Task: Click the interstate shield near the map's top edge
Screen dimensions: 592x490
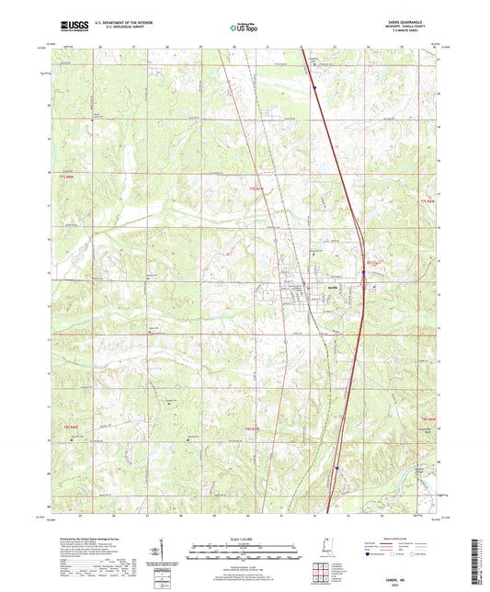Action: click(313, 89)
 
